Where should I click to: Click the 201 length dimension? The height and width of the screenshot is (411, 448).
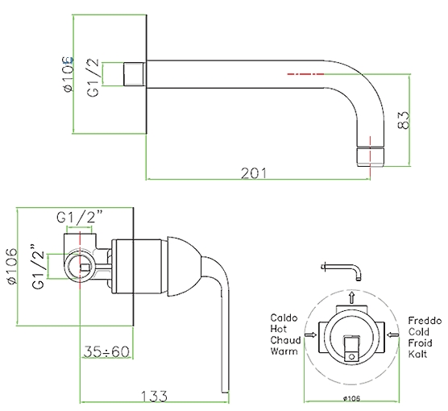(x=254, y=173)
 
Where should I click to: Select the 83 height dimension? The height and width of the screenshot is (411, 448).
(x=404, y=120)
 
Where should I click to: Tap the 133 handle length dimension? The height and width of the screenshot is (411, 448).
(x=154, y=396)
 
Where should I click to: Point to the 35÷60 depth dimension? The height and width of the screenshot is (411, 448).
(x=106, y=351)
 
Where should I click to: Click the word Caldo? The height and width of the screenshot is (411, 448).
(x=284, y=318)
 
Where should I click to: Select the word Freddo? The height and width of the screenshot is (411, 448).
(x=425, y=321)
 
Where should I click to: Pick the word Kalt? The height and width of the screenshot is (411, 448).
(x=417, y=354)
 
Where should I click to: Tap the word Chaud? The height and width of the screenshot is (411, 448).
(x=285, y=340)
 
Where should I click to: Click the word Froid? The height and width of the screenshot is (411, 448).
(x=420, y=343)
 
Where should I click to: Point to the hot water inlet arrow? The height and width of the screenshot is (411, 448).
(x=310, y=334)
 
